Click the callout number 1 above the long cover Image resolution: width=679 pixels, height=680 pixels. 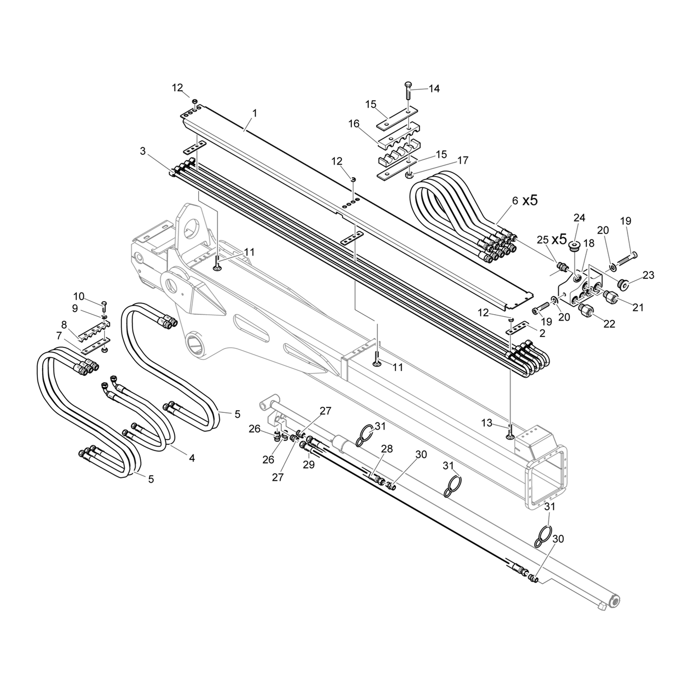click(255, 113)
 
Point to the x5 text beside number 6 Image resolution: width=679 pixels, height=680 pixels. click(530, 200)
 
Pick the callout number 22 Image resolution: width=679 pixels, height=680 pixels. click(609, 324)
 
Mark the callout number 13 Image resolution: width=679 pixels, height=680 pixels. click(487, 423)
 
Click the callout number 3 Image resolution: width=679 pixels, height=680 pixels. click(142, 151)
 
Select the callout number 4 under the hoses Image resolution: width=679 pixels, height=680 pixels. click(192, 458)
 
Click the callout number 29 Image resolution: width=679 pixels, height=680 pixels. click(309, 464)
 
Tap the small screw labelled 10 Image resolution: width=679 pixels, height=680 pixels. click(104, 305)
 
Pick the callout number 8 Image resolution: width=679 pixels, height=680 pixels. click(64, 324)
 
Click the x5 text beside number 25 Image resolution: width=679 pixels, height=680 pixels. click(559, 239)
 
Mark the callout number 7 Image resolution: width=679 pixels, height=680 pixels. click(59, 336)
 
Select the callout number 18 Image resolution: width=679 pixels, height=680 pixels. click(589, 243)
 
